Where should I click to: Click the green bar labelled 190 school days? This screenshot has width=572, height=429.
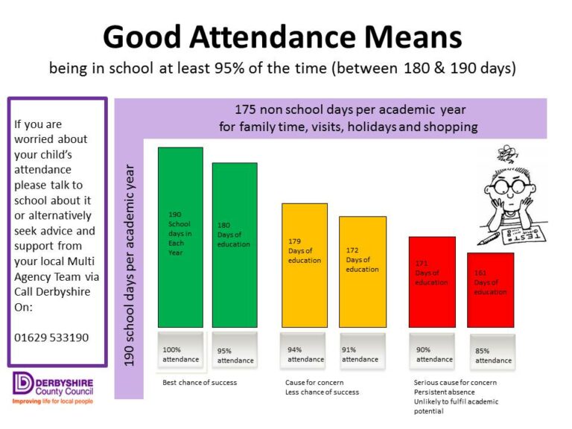pos(180,237)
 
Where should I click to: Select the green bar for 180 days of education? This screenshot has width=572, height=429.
pos(235,245)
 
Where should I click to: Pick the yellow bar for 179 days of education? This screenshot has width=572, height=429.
pos(304,264)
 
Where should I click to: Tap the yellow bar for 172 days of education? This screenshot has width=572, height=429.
pos(363,271)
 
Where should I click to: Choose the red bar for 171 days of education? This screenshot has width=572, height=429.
pos(432,282)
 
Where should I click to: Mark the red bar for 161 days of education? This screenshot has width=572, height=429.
pos(490,290)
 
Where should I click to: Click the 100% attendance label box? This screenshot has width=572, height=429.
pos(181,352)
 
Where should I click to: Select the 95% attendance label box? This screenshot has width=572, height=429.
pos(235,352)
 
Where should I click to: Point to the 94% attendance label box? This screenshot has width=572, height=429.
pos(305,352)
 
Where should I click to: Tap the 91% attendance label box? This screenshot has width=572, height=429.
pos(363,352)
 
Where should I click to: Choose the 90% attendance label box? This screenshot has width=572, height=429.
pos(432,352)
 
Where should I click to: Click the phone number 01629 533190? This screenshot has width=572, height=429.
pos(51,337)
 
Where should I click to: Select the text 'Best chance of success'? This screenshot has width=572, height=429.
pos(200,383)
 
